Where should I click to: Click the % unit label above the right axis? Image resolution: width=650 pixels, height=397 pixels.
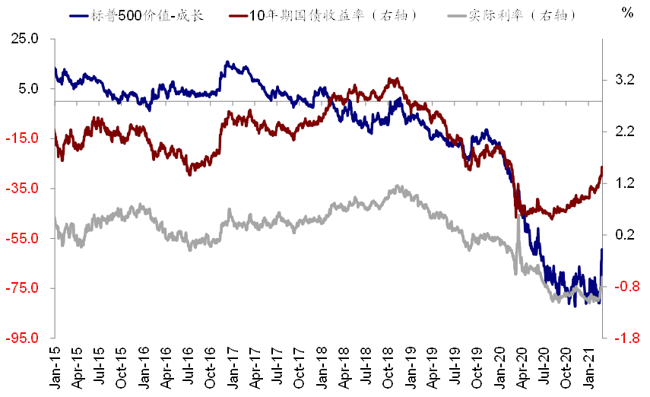[627, 12]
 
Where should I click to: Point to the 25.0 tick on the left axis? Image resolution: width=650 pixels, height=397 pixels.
[24, 38]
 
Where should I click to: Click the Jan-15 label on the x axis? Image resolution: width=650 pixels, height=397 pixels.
[55, 368]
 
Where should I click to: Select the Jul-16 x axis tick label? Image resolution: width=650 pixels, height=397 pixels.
[189, 368]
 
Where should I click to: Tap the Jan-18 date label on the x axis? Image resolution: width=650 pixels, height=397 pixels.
[322, 368]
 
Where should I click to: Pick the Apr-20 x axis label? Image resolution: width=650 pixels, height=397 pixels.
[523, 368]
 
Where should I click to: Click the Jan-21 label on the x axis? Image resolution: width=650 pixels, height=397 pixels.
[590, 368]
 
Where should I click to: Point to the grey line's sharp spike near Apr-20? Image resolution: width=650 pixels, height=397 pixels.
[518, 217]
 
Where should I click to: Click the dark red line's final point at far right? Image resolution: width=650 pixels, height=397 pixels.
[602, 167]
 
